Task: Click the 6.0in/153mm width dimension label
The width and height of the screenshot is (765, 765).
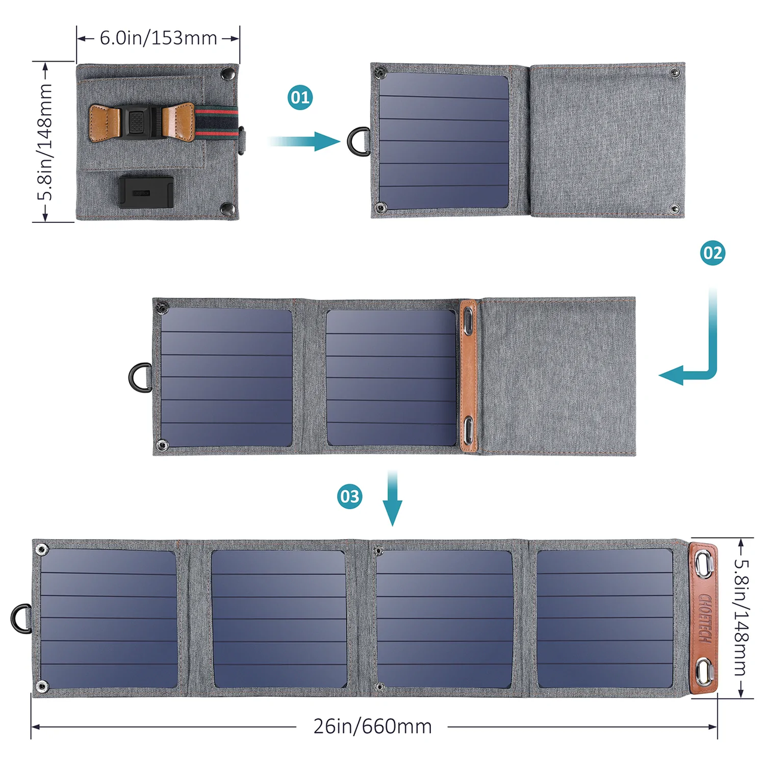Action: tap(158, 38)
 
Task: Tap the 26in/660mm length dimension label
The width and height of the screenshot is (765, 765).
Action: tap(372, 726)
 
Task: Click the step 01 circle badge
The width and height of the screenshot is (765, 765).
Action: tap(300, 97)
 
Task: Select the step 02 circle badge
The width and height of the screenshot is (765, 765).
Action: tap(712, 253)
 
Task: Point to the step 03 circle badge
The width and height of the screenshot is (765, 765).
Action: tap(350, 497)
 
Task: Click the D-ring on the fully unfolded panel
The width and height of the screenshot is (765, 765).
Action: tap(22, 618)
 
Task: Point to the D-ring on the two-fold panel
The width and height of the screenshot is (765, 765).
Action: tap(140, 378)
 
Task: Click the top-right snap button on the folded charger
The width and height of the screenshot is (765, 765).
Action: tap(227, 74)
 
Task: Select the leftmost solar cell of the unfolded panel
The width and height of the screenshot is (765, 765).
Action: tap(108, 618)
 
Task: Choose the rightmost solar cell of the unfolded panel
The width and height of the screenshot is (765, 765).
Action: tap(604, 618)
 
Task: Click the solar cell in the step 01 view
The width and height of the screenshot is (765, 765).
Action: tap(443, 142)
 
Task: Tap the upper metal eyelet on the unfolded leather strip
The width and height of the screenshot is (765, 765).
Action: tap(703, 562)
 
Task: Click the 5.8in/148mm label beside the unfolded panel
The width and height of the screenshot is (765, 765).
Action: tap(740, 617)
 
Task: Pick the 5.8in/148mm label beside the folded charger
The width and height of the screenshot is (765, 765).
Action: tap(45, 142)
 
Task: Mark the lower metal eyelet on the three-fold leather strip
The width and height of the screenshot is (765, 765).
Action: tap(469, 430)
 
